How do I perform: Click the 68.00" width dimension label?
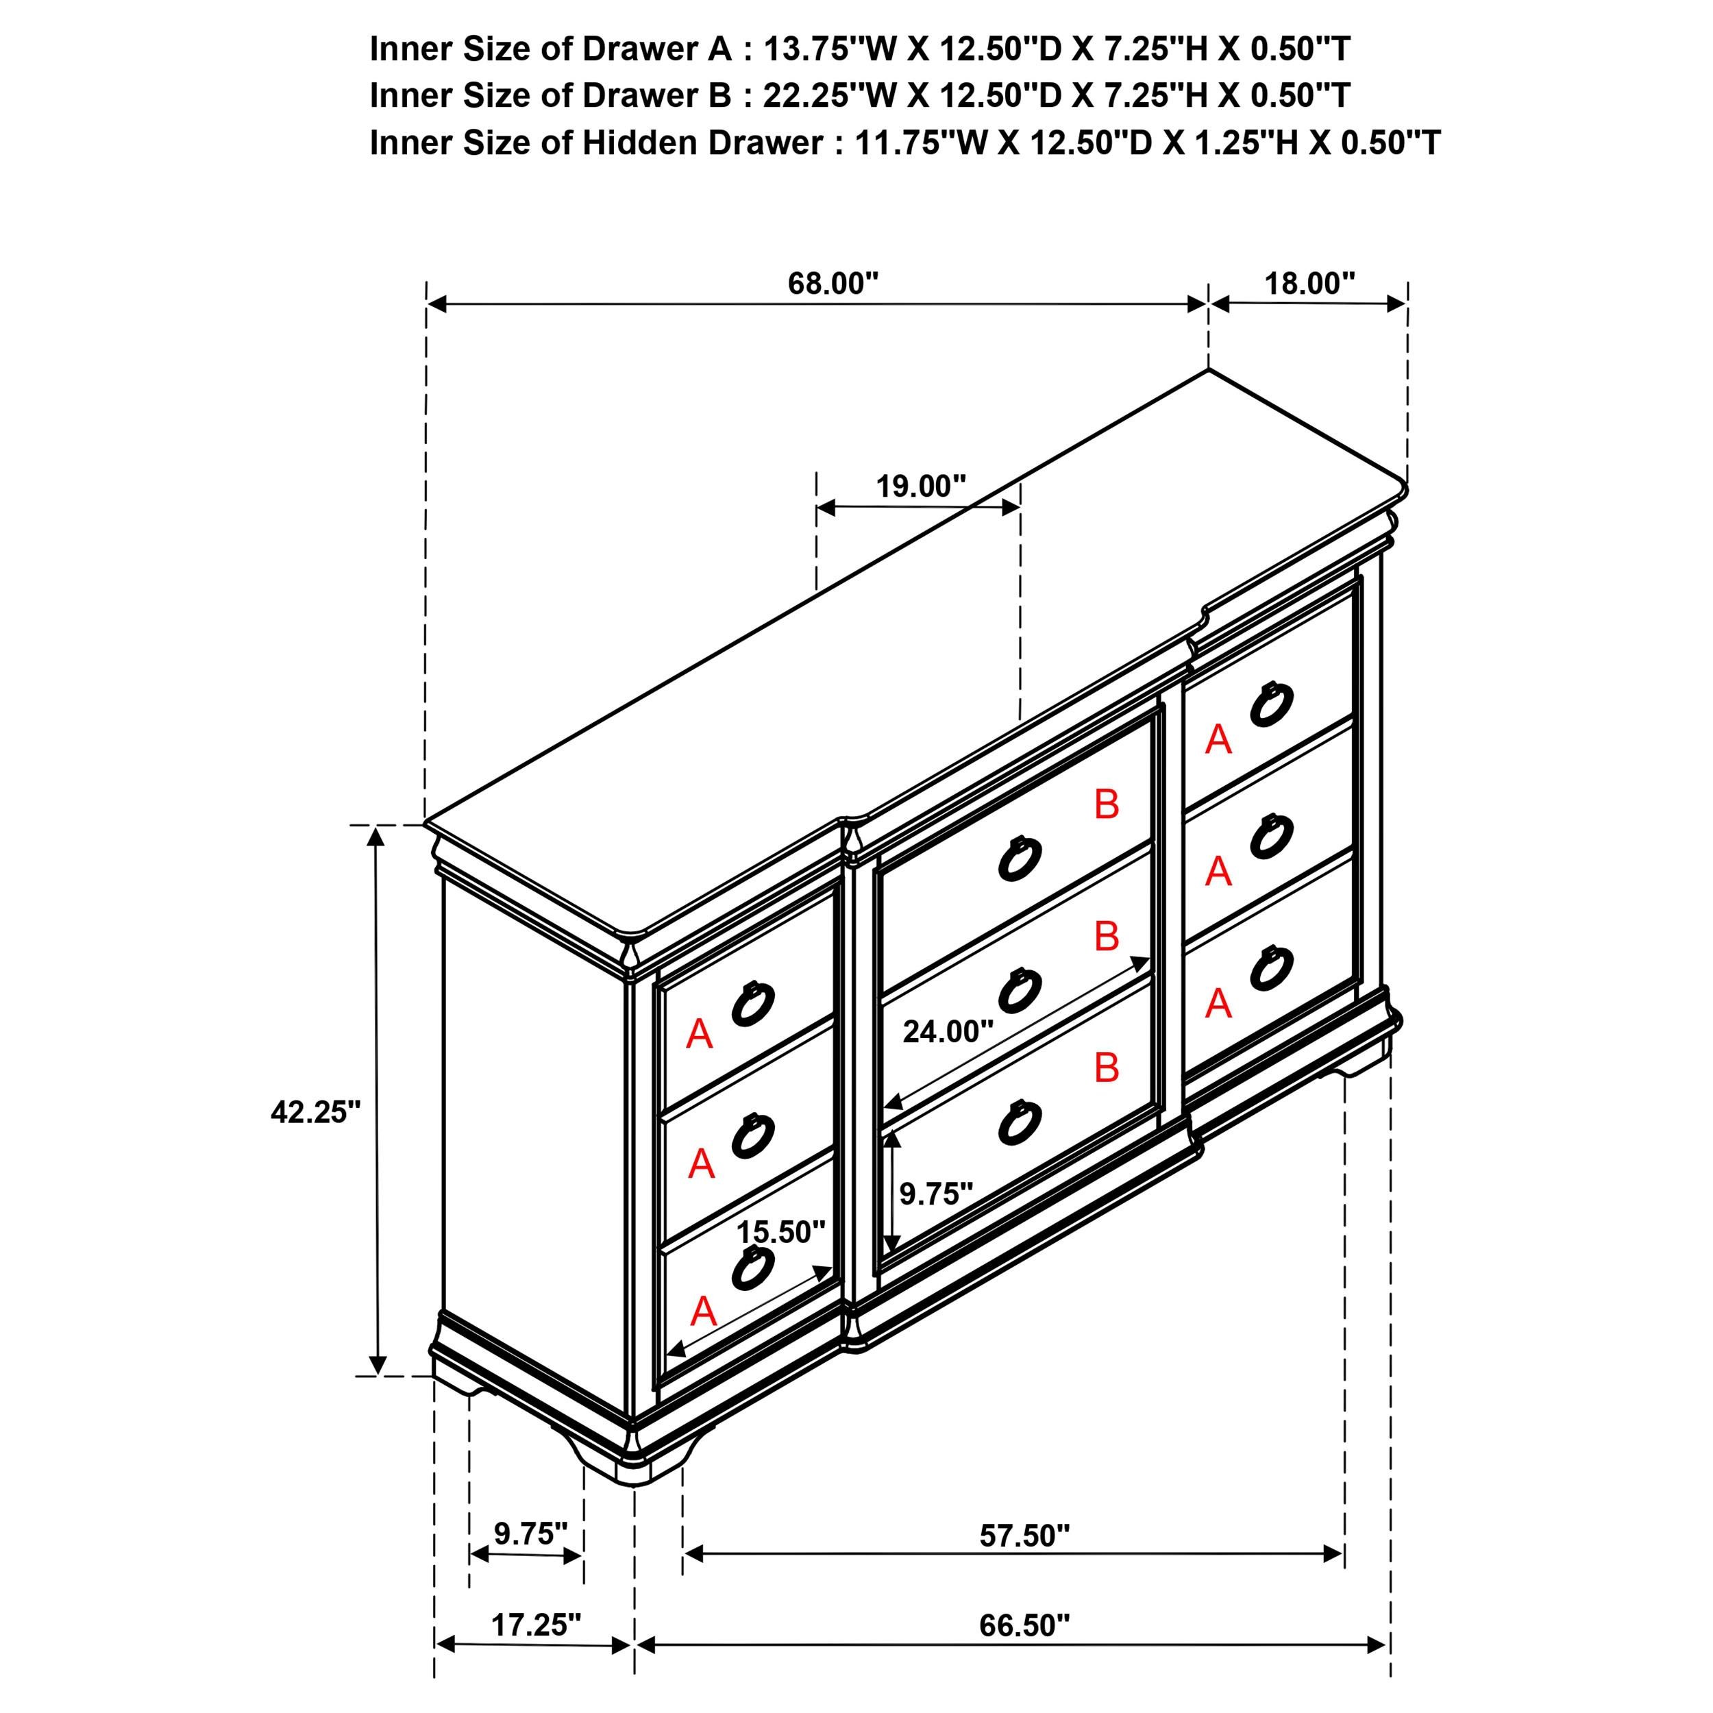click(x=833, y=283)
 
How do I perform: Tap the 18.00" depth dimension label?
click(x=1309, y=283)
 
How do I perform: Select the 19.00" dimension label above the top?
click(x=920, y=486)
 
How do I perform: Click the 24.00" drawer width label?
click(x=948, y=1031)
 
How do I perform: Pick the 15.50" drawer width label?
click(x=780, y=1231)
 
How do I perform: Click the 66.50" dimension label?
click(x=1024, y=1650)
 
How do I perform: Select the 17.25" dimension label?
click(x=536, y=1649)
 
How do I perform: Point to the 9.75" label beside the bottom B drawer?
click(x=935, y=1194)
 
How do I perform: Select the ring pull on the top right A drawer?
click(x=1272, y=705)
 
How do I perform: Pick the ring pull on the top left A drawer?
click(x=754, y=1004)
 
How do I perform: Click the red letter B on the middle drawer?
click(x=1107, y=936)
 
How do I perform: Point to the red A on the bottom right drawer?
click(x=1218, y=1004)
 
